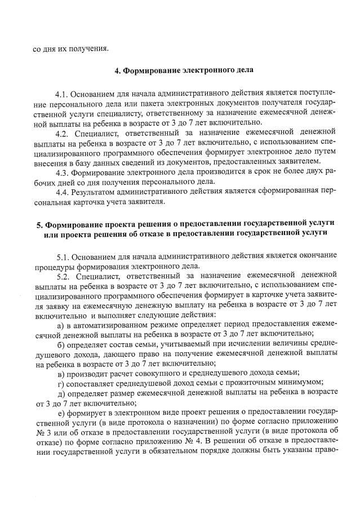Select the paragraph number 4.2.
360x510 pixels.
tap(63, 134)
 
